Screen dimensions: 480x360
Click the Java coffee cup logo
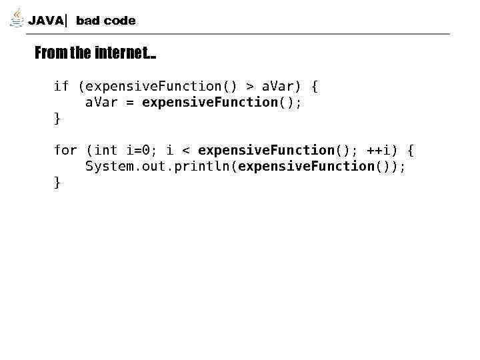[x=17, y=19]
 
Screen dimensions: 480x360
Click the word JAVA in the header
[x=46, y=21]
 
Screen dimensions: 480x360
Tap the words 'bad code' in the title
[x=105, y=21]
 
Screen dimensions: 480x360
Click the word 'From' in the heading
[x=51, y=53]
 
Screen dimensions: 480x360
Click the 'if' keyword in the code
[x=61, y=86]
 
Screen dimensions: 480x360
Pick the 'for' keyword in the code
[x=65, y=150]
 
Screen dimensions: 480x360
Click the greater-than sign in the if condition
[x=249, y=86]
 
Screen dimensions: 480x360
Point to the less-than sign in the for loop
[x=185, y=150]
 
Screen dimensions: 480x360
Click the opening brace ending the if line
[x=315, y=86]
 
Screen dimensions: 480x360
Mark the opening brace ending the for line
[x=410, y=150]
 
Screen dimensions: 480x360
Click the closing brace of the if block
[x=57, y=118]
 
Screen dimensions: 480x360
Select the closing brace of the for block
[x=57, y=182]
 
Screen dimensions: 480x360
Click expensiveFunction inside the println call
[x=306, y=166]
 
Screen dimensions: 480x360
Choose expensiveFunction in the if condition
[x=157, y=86]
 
